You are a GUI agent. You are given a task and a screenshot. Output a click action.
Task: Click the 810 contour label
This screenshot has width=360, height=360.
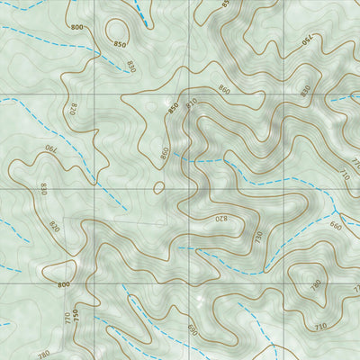tap(191, 104)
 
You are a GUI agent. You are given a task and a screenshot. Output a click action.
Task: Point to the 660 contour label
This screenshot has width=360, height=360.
tap(336, 227)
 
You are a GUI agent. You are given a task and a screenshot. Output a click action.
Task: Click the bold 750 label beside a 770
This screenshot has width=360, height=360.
tap(76, 316)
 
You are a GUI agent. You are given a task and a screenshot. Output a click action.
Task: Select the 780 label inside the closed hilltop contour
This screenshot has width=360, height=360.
tap(315, 285)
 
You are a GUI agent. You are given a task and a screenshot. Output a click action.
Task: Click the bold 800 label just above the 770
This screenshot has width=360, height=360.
tap(63, 285)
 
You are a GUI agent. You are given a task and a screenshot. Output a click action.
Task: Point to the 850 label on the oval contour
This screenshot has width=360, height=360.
tap(120, 43)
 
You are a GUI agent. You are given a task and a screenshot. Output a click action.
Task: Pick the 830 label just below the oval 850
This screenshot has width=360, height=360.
tap(131, 66)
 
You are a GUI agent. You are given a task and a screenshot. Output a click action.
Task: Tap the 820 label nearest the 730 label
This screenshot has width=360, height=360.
tap(220, 219)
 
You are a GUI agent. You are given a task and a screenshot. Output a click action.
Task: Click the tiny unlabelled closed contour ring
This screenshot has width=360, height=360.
tap(159, 188)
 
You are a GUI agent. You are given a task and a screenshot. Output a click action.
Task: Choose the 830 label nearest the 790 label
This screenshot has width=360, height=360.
tap(43, 188)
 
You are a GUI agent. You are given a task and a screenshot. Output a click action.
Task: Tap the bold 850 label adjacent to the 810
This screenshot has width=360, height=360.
tap(172, 109)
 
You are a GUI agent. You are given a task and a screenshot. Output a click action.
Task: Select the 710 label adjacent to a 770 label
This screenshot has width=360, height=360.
tap(344, 170)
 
